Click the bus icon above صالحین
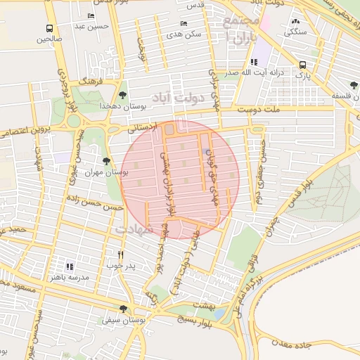[49, 29]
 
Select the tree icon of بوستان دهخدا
[124, 94]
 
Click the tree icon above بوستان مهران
[106, 161]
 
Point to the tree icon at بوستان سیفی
[124, 309]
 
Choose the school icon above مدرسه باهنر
[69, 266]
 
